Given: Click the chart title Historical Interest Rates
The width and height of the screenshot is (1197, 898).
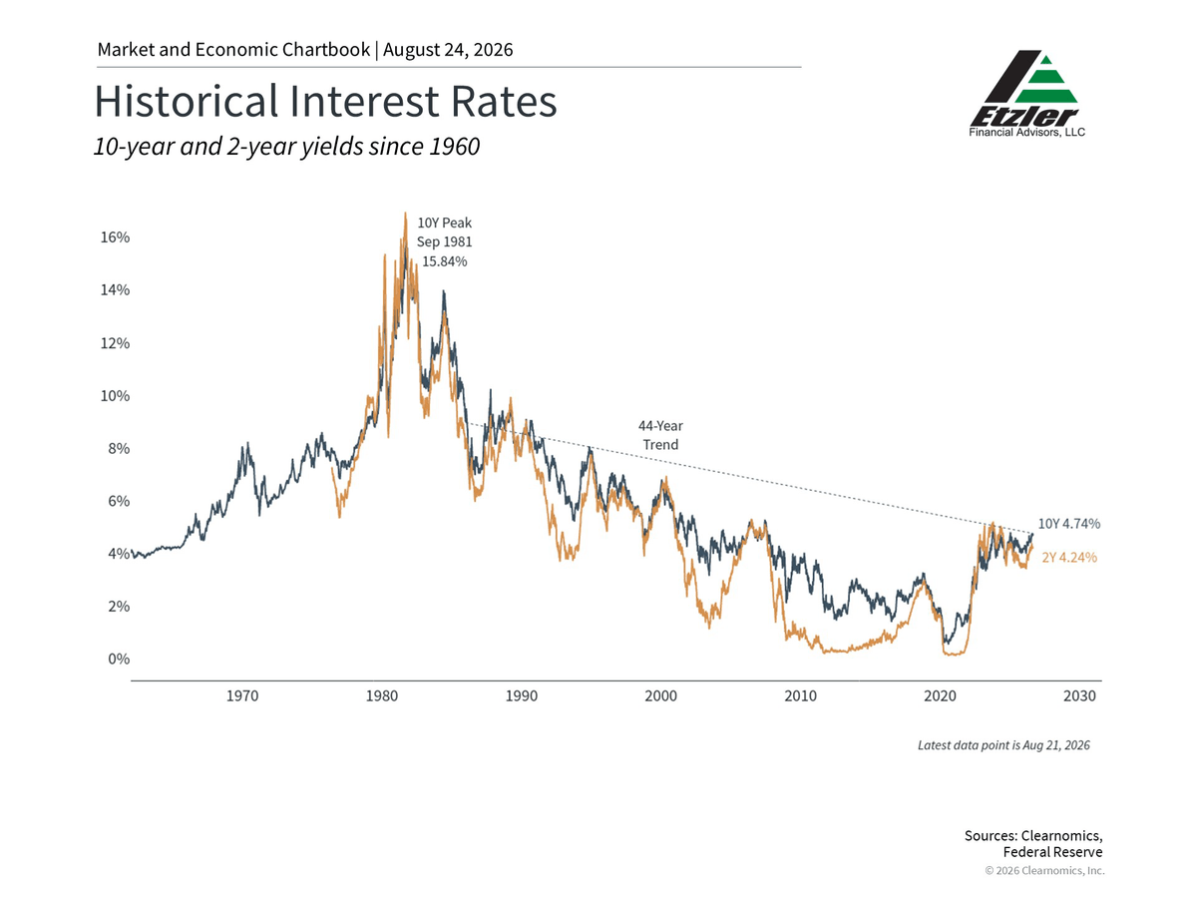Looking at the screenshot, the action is pyautogui.click(x=325, y=102).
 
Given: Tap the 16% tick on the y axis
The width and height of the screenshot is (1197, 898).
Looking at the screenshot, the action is pyautogui.click(x=115, y=237).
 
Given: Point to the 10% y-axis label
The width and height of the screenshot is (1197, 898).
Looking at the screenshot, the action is pyautogui.click(x=115, y=396).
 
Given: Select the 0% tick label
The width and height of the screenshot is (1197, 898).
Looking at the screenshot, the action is pyautogui.click(x=119, y=659).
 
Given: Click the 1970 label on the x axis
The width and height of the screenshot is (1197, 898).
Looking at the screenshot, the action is pyautogui.click(x=242, y=695).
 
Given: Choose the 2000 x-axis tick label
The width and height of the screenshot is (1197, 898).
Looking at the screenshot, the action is pyautogui.click(x=661, y=695).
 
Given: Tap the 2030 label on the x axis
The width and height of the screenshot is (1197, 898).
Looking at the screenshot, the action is pyautogui.click(x=1079, y=695).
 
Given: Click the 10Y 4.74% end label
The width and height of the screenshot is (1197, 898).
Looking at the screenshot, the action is pyautogui.click(x=1069, y=524).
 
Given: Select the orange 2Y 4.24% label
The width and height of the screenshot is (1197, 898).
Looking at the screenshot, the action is pyautogui.click(x=1069, y=557).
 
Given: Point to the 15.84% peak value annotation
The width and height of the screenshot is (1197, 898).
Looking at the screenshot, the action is pyautogui.click(x=445, y=261).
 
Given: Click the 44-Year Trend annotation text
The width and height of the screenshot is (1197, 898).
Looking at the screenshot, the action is pyautogui.click(x=660, y=435).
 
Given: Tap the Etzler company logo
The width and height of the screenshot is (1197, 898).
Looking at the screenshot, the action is pyautogui.click(x=1026, y=94).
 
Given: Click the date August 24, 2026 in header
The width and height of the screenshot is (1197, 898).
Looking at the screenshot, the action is pyautogui.click(x=448, y=50).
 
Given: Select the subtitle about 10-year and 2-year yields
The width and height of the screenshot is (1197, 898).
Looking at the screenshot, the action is pyautogui.click(x=287, y=146).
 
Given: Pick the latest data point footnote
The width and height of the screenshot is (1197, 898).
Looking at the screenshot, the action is pyautogui.click(x=1003, y=745).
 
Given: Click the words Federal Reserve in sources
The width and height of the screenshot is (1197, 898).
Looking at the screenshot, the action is pyautogui.click(x=1052, y=852).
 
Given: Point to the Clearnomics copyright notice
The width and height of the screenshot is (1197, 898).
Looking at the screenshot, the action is pyautogui.click(x=1044, y=871).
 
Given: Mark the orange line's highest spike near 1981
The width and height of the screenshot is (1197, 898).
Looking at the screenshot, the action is pyautogui.click(x=405, y=214).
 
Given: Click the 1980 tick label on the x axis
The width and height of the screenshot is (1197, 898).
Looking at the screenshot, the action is pyautogui.click(x=382, y=695).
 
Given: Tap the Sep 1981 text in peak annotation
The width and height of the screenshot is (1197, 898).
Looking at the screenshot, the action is pyautogui.click(x=445, y=242).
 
